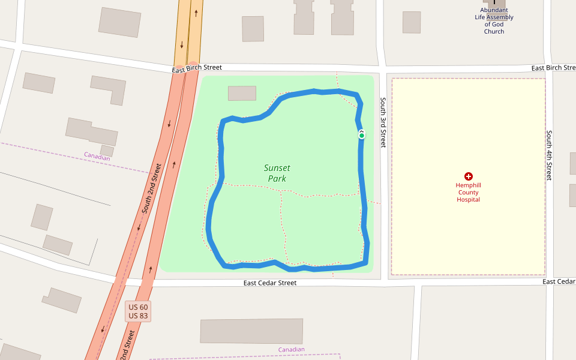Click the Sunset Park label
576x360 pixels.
point(277,173)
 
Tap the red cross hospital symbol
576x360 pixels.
point(469,176)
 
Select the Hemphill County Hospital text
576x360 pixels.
point(468,193)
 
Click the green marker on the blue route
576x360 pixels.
point(362,136)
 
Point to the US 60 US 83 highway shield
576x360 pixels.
point(139,311)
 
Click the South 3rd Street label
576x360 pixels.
point(383,123)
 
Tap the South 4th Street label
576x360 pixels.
point(548,155)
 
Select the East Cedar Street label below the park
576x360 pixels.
point(269,283)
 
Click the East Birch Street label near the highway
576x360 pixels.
point(197,69)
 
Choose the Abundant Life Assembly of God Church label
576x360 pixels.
point(494,21)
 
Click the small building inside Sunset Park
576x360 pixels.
point(242,93)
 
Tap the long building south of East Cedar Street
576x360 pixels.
point(251,331)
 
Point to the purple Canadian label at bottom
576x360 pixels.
point(292,349)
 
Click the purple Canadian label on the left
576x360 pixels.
point(97,156)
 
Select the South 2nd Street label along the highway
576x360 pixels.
point(152,189)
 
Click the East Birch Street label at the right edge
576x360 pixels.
point(553,68)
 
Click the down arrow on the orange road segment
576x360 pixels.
point(182,44)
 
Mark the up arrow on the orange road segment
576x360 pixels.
point(196,12)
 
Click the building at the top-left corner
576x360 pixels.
point(119,22)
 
